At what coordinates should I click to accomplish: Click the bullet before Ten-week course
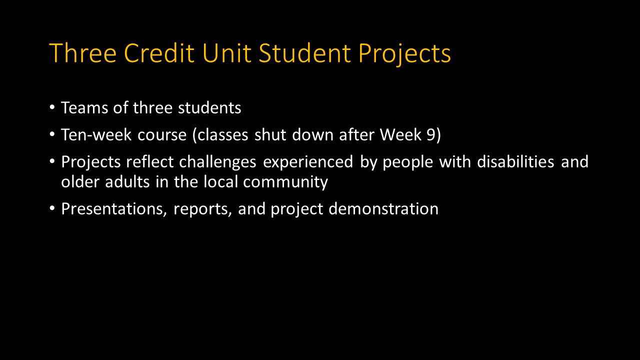click(53, 135)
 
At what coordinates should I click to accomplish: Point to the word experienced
click(308, 162)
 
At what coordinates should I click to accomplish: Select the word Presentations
click(114, 209)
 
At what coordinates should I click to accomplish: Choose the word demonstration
click(383, 209)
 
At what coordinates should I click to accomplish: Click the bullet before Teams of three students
click(53, 108)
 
